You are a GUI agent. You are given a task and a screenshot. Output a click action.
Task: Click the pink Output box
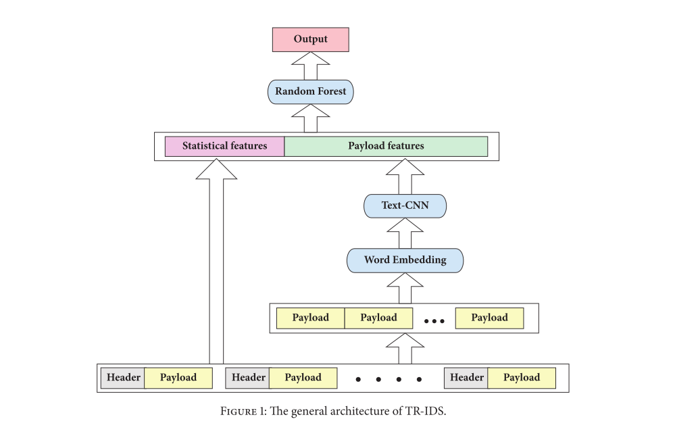tap(310, 39)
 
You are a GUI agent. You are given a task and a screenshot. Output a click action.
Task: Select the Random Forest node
tap(310, 91)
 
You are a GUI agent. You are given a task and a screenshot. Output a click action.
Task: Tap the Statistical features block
tap(224, 146)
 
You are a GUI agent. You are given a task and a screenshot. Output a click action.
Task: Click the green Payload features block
tap(386, 146)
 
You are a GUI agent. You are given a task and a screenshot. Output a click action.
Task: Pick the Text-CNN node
tap(405, 205)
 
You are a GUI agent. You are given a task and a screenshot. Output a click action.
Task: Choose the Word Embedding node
tap(405, 260)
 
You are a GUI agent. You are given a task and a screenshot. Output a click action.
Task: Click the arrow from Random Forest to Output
tap(310, 66)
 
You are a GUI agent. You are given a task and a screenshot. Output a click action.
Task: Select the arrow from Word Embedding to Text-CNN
tap(405, 233)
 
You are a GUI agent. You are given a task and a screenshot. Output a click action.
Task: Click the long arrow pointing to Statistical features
tap(216, 264)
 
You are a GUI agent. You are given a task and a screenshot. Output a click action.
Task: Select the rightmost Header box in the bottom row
tap(466, 378)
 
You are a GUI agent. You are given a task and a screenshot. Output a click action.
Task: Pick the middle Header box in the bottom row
tap(247, 378)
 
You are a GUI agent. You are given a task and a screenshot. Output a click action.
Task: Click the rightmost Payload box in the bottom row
tap(522, 378)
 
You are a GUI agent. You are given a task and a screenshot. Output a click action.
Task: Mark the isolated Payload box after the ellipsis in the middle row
tap(489, 318)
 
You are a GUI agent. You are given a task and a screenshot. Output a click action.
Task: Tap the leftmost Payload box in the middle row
tap(310, 318)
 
